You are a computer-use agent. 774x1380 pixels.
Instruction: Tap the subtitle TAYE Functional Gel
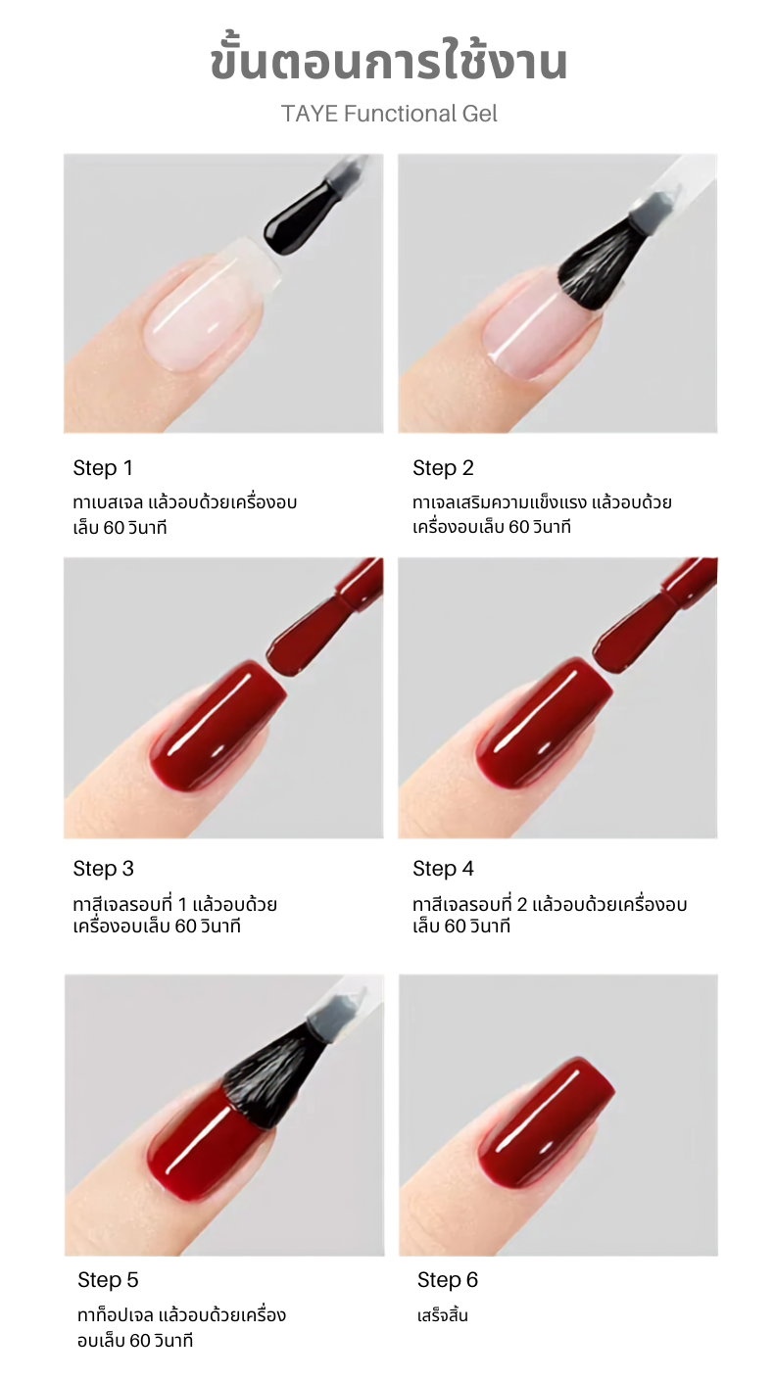pyautogui.click(x=389, y=114)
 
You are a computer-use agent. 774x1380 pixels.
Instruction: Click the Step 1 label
pyautogui.click(x=103, y=468)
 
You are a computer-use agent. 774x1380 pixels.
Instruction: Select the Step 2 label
pyautogui.click(x=443, y=468)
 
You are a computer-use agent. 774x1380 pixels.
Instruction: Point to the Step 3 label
pyautogui.click(x=104, y=869)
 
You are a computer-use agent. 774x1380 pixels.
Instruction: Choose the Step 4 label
pyautogui.click(x=443, y=869)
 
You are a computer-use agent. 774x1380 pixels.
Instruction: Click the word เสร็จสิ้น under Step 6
pyautogui.click(x=443, y=1316)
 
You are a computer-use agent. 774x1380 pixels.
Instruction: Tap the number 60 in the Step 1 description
pyautogui.click(x=114, y=528)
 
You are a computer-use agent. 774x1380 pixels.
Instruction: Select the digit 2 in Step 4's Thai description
pyautogui.click(x=522, y=904)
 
